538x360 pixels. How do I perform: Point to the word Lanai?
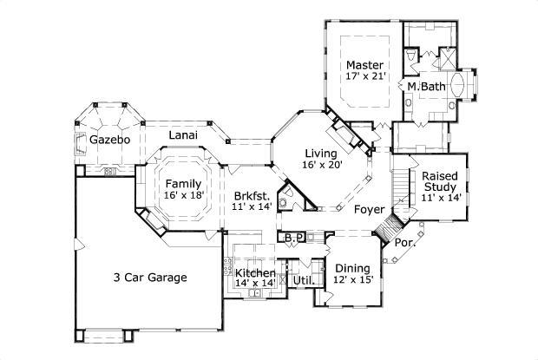tap(182, 135)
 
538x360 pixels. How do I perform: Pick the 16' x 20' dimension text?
tap(322, 165)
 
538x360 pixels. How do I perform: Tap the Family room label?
tap(185, 184)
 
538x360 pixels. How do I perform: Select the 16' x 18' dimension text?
tap(185, 197)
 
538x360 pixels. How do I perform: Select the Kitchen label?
tap(256, 273)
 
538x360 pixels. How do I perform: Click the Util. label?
tap(302, 280)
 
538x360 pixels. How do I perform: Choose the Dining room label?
tap(352, 267)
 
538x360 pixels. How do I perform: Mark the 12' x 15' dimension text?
tap(352, 280)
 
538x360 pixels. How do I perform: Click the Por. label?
tap(403, 243)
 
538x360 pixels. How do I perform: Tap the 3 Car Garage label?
tap(149, 278)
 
